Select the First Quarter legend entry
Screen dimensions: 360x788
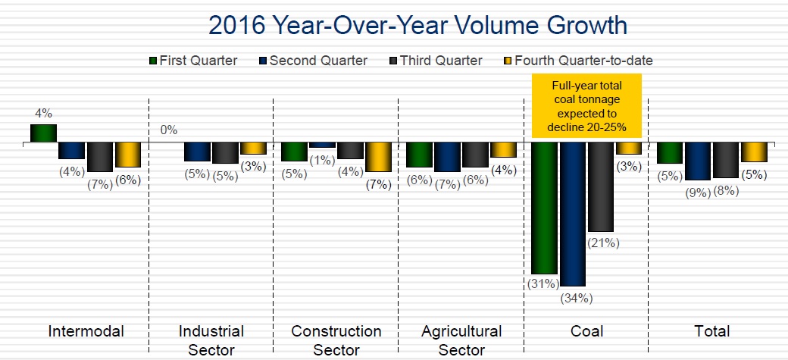[193, 61]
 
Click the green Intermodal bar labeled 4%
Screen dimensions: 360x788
[43, 133]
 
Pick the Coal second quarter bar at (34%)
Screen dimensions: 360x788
[573, 214]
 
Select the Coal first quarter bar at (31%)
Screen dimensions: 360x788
[545, 207]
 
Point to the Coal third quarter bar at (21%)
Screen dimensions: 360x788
[601, 186]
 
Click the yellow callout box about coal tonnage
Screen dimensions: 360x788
[586, 105]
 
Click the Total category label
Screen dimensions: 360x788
[711, 331]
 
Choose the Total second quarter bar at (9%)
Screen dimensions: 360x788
[698, 161]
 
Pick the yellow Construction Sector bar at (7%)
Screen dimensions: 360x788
[378, 157]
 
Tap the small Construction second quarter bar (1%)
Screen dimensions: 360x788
[322, 145]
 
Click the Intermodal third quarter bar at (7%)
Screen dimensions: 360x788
[99, 157]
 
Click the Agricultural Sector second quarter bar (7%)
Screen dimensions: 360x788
[447, 157]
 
